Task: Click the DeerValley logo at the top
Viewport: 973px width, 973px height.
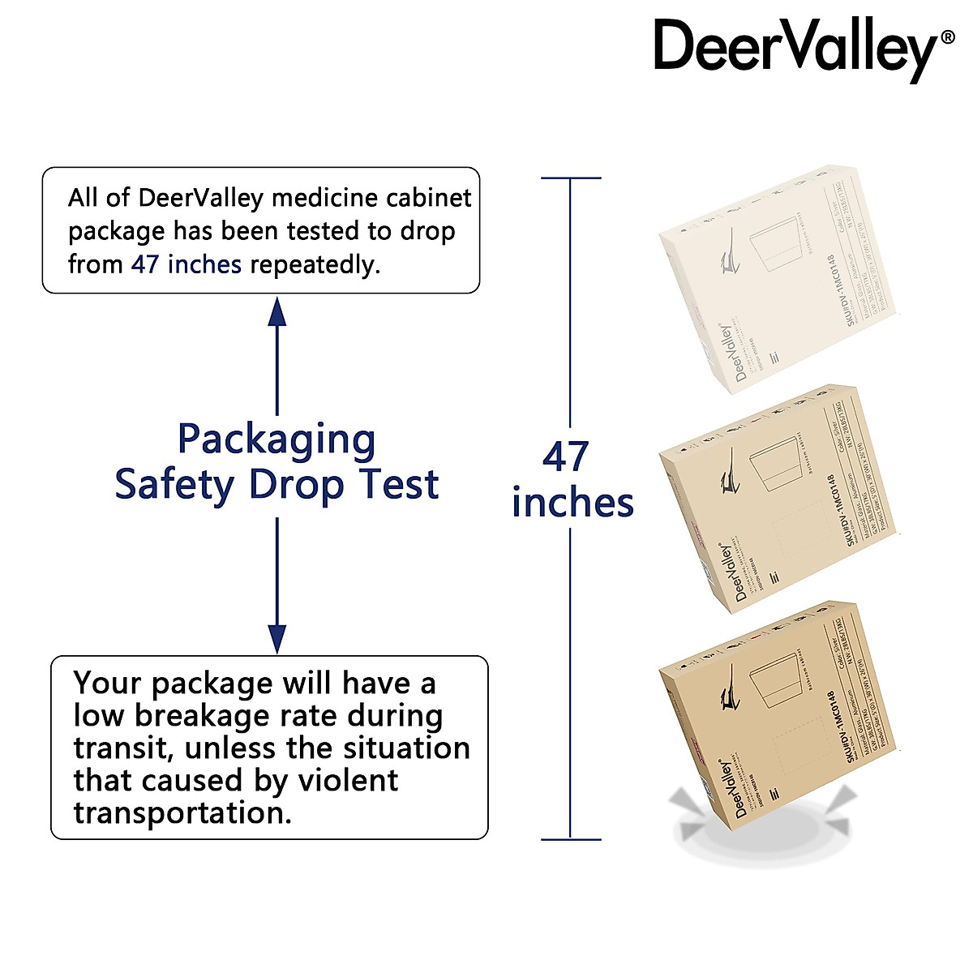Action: click(795, 49)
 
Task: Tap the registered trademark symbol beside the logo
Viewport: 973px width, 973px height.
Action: click(947, 37)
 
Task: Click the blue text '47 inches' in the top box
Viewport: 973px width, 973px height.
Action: click(186, 264)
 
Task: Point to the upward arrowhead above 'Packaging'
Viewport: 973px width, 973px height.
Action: click(277, 311)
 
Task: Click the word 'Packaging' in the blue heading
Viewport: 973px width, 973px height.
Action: click(276, 440)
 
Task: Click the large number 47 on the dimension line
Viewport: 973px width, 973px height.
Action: click(565, 457)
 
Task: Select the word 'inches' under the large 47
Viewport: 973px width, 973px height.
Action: click(572, 503)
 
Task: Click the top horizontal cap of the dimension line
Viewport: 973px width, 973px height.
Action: click(571, 178)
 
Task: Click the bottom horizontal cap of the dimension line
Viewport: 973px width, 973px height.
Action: click(571, 839)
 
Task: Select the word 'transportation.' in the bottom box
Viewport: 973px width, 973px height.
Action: click(182, 812)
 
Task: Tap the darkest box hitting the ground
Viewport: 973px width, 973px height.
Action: click(778, 714)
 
